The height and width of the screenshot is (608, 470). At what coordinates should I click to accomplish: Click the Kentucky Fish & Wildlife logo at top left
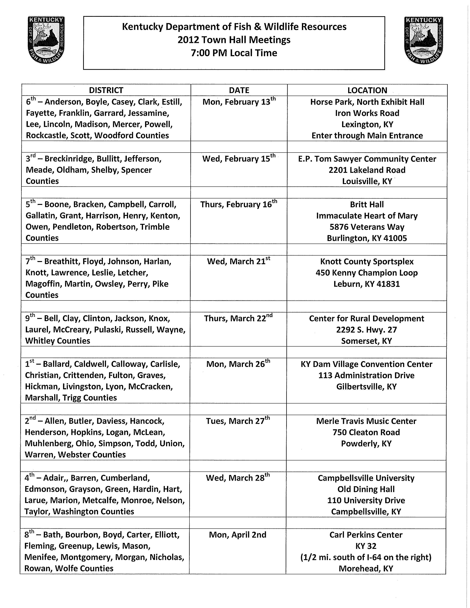(x=46, y=40)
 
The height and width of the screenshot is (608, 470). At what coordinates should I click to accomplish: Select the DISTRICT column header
(x=106, y=90)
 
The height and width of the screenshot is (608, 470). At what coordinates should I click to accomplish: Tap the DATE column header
(x=239, y=90)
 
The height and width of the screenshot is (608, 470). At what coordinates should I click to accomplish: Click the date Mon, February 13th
(x=239, y=102)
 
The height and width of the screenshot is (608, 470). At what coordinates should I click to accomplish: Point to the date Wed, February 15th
(x=239, y=158)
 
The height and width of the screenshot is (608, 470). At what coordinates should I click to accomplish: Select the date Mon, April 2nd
(x=238, y=535)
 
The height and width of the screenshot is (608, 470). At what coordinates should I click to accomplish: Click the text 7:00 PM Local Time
(x=234, y=53)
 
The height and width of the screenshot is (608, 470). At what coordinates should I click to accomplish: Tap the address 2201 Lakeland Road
(x=367, y=170)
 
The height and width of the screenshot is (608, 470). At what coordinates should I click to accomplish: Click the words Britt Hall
(x=367, y=205)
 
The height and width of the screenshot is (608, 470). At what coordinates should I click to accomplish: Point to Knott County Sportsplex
(x=367, y=262)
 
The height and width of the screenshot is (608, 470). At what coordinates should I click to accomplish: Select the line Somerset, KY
(x=366, y=341)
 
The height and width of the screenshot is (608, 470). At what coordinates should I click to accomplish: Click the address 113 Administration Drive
(x=366, y=375)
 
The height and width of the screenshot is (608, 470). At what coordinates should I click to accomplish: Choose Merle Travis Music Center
(x=366, y=421)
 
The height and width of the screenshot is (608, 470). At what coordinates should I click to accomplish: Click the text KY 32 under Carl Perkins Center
(x=366, y=546)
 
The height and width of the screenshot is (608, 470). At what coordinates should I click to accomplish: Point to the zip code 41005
(x=395, y=238)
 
